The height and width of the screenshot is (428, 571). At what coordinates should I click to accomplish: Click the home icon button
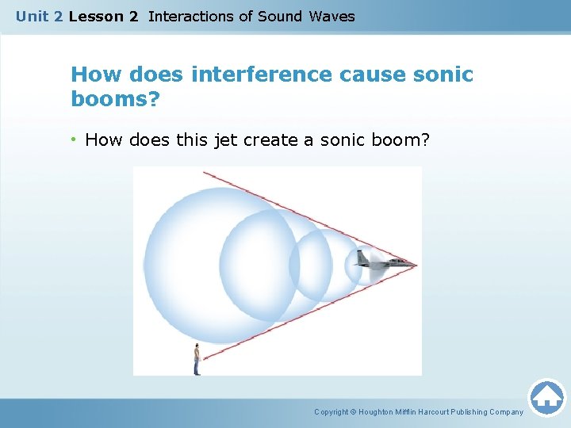[x=546, y=396]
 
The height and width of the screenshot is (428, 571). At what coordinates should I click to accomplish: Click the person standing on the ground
[x=197, y=360]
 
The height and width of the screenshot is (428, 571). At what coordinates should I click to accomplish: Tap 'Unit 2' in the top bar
[x=39, y=16]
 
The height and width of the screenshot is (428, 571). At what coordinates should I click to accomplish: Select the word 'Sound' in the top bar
[x=280, y=16]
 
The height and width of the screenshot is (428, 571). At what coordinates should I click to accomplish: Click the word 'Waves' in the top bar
[x=332, y=16]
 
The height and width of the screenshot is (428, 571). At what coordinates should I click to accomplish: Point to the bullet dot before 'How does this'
[x=75, y=140]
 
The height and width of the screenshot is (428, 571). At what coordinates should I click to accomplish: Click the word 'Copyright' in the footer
[x=332, y=412]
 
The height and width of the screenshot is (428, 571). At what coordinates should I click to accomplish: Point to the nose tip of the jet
[x=416, y=264]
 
